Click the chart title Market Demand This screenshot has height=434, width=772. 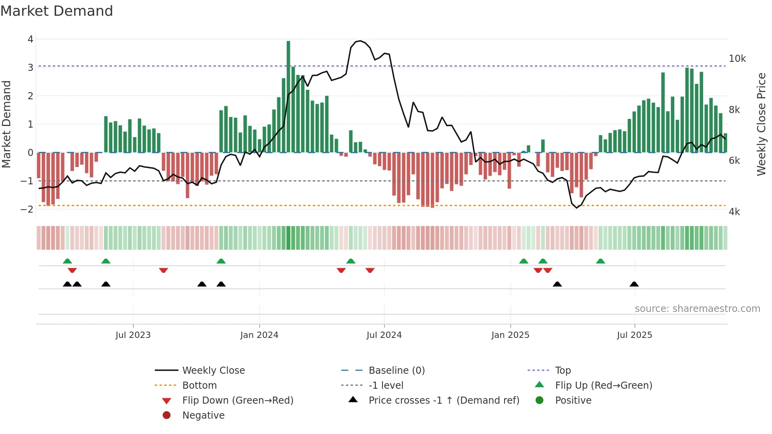tap(57, 11)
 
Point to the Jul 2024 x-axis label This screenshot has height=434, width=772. tap(384, 335)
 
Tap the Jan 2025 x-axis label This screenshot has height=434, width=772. tap(510, 335)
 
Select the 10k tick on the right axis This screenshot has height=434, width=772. tap(737, 59)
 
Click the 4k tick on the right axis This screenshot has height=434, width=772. tap(734, 212)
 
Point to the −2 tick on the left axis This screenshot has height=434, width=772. tap(27, 209)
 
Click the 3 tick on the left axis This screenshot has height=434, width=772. tap(30, 67)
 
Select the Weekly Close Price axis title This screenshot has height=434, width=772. tap(761, 124)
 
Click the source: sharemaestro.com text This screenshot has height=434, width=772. tap(697, 309)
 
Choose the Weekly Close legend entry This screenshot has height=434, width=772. tap(213, 371)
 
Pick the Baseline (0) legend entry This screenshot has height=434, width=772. tap(396, 371)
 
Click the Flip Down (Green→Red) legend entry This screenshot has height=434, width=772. tap(238, 401)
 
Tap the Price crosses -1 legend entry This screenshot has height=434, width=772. tap(444, 401)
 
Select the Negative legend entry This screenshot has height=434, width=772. tap(203, 415)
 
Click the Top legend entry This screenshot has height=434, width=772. tap(562, 371)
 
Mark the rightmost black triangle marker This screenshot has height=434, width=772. tap(634, 284)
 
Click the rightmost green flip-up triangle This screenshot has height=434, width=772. tap(600, 261)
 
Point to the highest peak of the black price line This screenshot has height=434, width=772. tap(360, 41)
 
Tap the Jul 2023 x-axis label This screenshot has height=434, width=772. tap(133, 335)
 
